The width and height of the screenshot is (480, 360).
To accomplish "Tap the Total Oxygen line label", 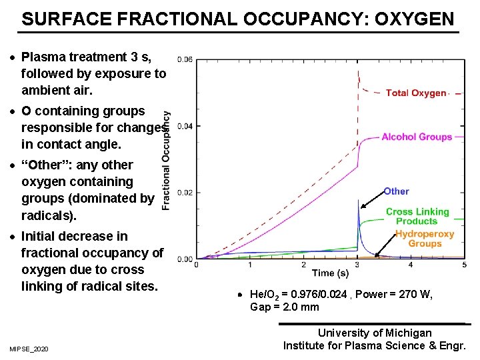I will tap(416, 93).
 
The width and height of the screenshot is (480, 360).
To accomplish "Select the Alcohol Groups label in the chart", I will tap(417, 137).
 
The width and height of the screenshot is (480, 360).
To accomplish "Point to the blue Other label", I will tap(396, 191).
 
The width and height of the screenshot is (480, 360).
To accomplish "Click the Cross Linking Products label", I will tap(417, 217).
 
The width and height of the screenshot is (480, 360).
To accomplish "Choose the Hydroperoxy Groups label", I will tap(425, 239).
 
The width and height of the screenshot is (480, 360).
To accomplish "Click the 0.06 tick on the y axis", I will tap(185, 59).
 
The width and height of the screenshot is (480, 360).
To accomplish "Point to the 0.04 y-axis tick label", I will tap(185, 126).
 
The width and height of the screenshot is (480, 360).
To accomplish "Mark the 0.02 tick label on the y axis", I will tap(185, 193).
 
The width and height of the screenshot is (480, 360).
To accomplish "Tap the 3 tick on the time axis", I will tap(357, 265).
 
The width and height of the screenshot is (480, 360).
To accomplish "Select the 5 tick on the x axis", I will tap(465, 265).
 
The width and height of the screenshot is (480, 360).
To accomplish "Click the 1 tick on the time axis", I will tap(250, 265).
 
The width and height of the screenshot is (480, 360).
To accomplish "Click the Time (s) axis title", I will tap(331, 273).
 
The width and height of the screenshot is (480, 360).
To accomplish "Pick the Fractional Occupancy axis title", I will tap(166, 160).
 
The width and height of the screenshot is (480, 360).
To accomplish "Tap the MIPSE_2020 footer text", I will tap(29, 349).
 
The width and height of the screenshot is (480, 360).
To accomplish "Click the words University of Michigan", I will tap(375, 333).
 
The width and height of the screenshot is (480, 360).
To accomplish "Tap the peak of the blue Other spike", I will tap(359, 200).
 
